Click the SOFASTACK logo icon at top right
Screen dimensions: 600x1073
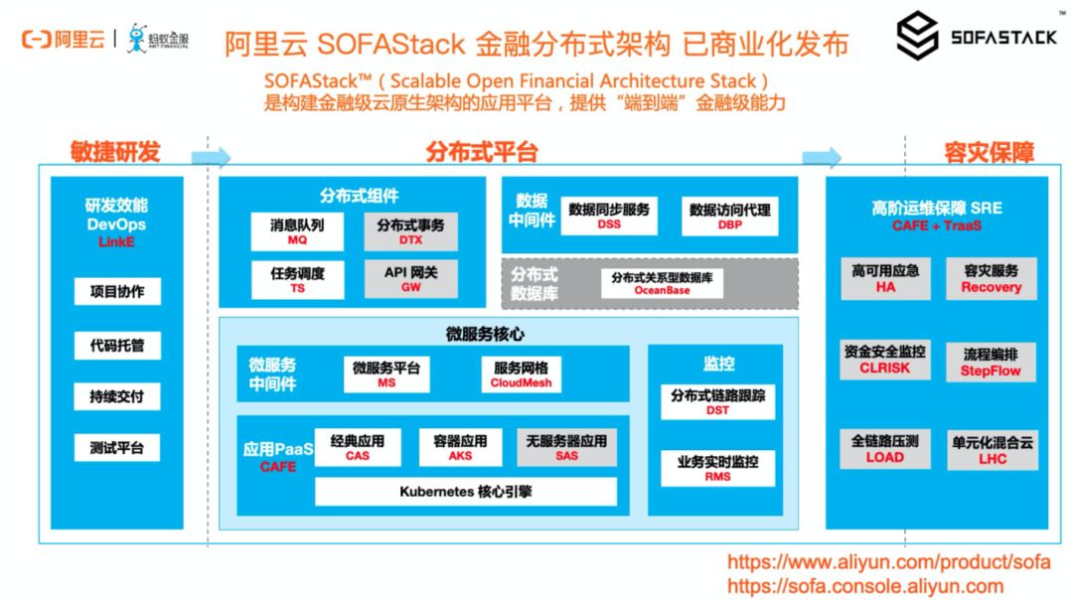point(917,37)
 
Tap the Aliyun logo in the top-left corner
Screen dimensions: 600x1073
point(63,40)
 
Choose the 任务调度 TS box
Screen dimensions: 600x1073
point(297,279)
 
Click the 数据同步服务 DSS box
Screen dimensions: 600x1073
point(609,217)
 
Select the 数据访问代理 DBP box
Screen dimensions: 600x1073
point(730,217)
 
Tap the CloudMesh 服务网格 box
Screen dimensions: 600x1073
point(521,375)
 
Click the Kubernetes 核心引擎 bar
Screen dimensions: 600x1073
point(465,492)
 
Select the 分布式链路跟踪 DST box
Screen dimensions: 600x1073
point(717,402)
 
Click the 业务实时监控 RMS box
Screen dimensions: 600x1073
point(717,468)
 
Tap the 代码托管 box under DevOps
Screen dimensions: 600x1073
point(117,346)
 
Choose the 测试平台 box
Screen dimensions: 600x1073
point(117,448)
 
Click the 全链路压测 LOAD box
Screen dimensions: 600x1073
point(884,449)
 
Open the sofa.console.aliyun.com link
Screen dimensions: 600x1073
point(865,586)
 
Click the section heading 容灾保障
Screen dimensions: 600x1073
point(989,152)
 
